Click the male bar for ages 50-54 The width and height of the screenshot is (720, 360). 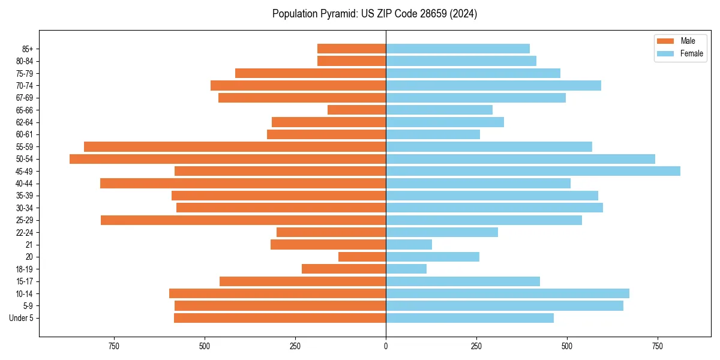pos(228,159)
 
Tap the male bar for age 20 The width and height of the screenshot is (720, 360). pos(362,257)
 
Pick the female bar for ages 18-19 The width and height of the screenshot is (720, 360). pos(406,269)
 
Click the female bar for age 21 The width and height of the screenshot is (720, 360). pos(409,244)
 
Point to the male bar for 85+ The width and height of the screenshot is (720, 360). pos(352,49)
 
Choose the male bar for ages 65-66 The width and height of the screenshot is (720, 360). pos(356,110)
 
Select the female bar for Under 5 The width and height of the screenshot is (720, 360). pos(470,318)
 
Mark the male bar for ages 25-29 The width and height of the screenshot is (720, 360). pos(243,220)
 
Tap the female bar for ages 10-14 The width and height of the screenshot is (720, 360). pos(508,293)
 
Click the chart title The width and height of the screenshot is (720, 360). pos(374,14)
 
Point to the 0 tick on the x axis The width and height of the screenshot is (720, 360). pos(386,347)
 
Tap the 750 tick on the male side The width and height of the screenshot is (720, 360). pos(114,347)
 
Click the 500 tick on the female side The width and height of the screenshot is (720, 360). pos(567,347)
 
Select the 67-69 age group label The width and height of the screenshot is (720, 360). pos(25,98)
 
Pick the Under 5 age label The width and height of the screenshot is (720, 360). pos(22,318)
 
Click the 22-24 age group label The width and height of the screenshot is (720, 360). pos(25,232)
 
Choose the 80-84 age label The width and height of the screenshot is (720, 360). pos(25,61)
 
